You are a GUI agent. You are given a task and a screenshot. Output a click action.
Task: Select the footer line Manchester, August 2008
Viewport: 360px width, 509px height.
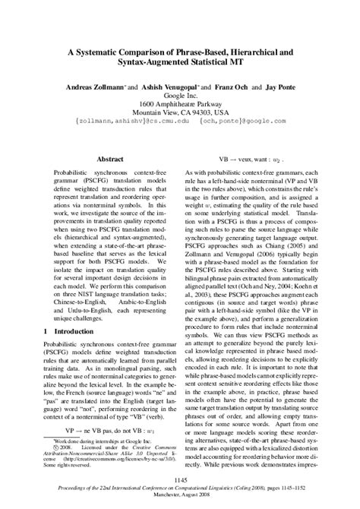pos(180,498)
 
